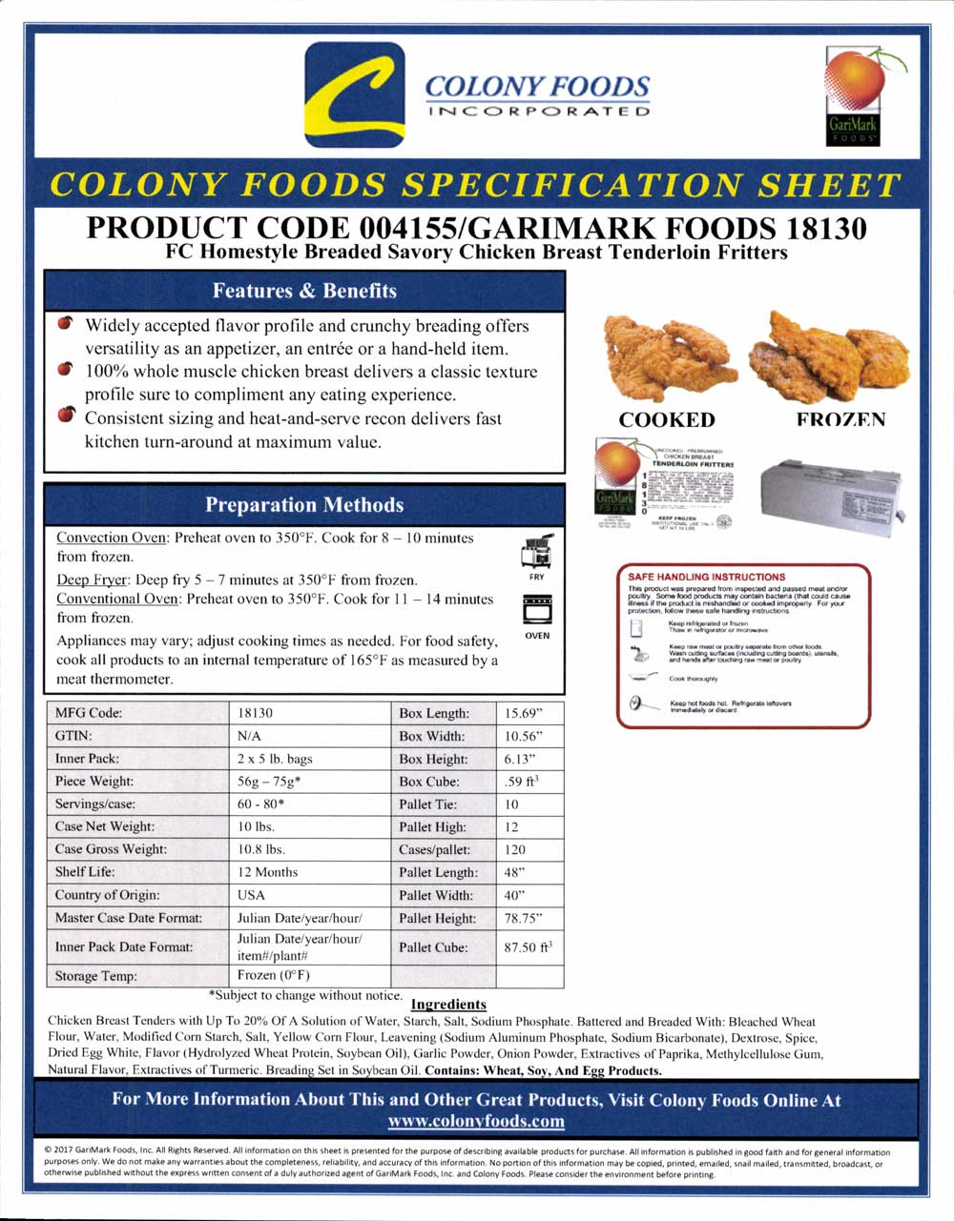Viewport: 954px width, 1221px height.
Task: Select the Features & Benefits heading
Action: (304, 291)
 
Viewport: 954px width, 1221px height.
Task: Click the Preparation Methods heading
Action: (304, 505)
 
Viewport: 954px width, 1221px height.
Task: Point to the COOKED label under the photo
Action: (667, 420)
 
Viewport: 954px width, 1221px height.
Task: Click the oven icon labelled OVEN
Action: (537, 609)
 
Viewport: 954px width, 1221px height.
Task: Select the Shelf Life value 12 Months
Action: (267, 872)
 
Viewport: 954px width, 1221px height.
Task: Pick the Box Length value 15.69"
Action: (524, 713)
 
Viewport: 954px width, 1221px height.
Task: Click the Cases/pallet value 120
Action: (515, 849)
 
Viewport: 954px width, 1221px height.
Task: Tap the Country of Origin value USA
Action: (252, 895)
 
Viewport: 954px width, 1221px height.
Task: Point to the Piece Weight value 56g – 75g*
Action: (274, 782)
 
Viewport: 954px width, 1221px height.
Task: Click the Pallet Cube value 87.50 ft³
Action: (528, 947)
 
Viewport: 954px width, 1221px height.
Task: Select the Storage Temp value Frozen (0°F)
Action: (274, 975)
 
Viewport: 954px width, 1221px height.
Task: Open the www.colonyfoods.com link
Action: (476, 1121)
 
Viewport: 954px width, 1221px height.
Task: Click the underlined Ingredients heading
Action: (448, 1004)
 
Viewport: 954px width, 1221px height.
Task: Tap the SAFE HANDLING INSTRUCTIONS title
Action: (707, 577)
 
